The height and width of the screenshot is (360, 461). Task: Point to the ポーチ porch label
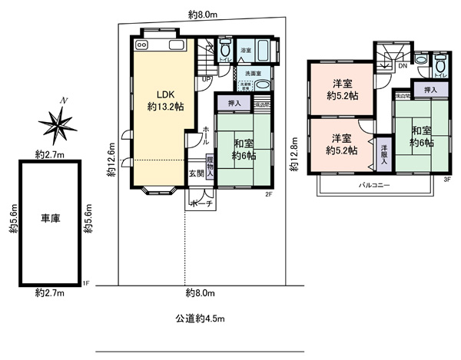click(x=197, y=204)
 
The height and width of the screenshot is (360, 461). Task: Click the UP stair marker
click(x=207, y=78)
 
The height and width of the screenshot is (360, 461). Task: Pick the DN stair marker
click(x=402, y=67)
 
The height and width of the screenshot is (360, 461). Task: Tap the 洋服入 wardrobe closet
click(x=383, y=150)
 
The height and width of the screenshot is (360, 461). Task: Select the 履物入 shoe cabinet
click(x=210, y=169)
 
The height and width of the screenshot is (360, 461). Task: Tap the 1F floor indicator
click(x=86, y=283)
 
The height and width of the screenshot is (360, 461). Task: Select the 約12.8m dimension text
click(x=295, y=154)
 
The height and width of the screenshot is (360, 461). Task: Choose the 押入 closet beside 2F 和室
click(x=234, y=102)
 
